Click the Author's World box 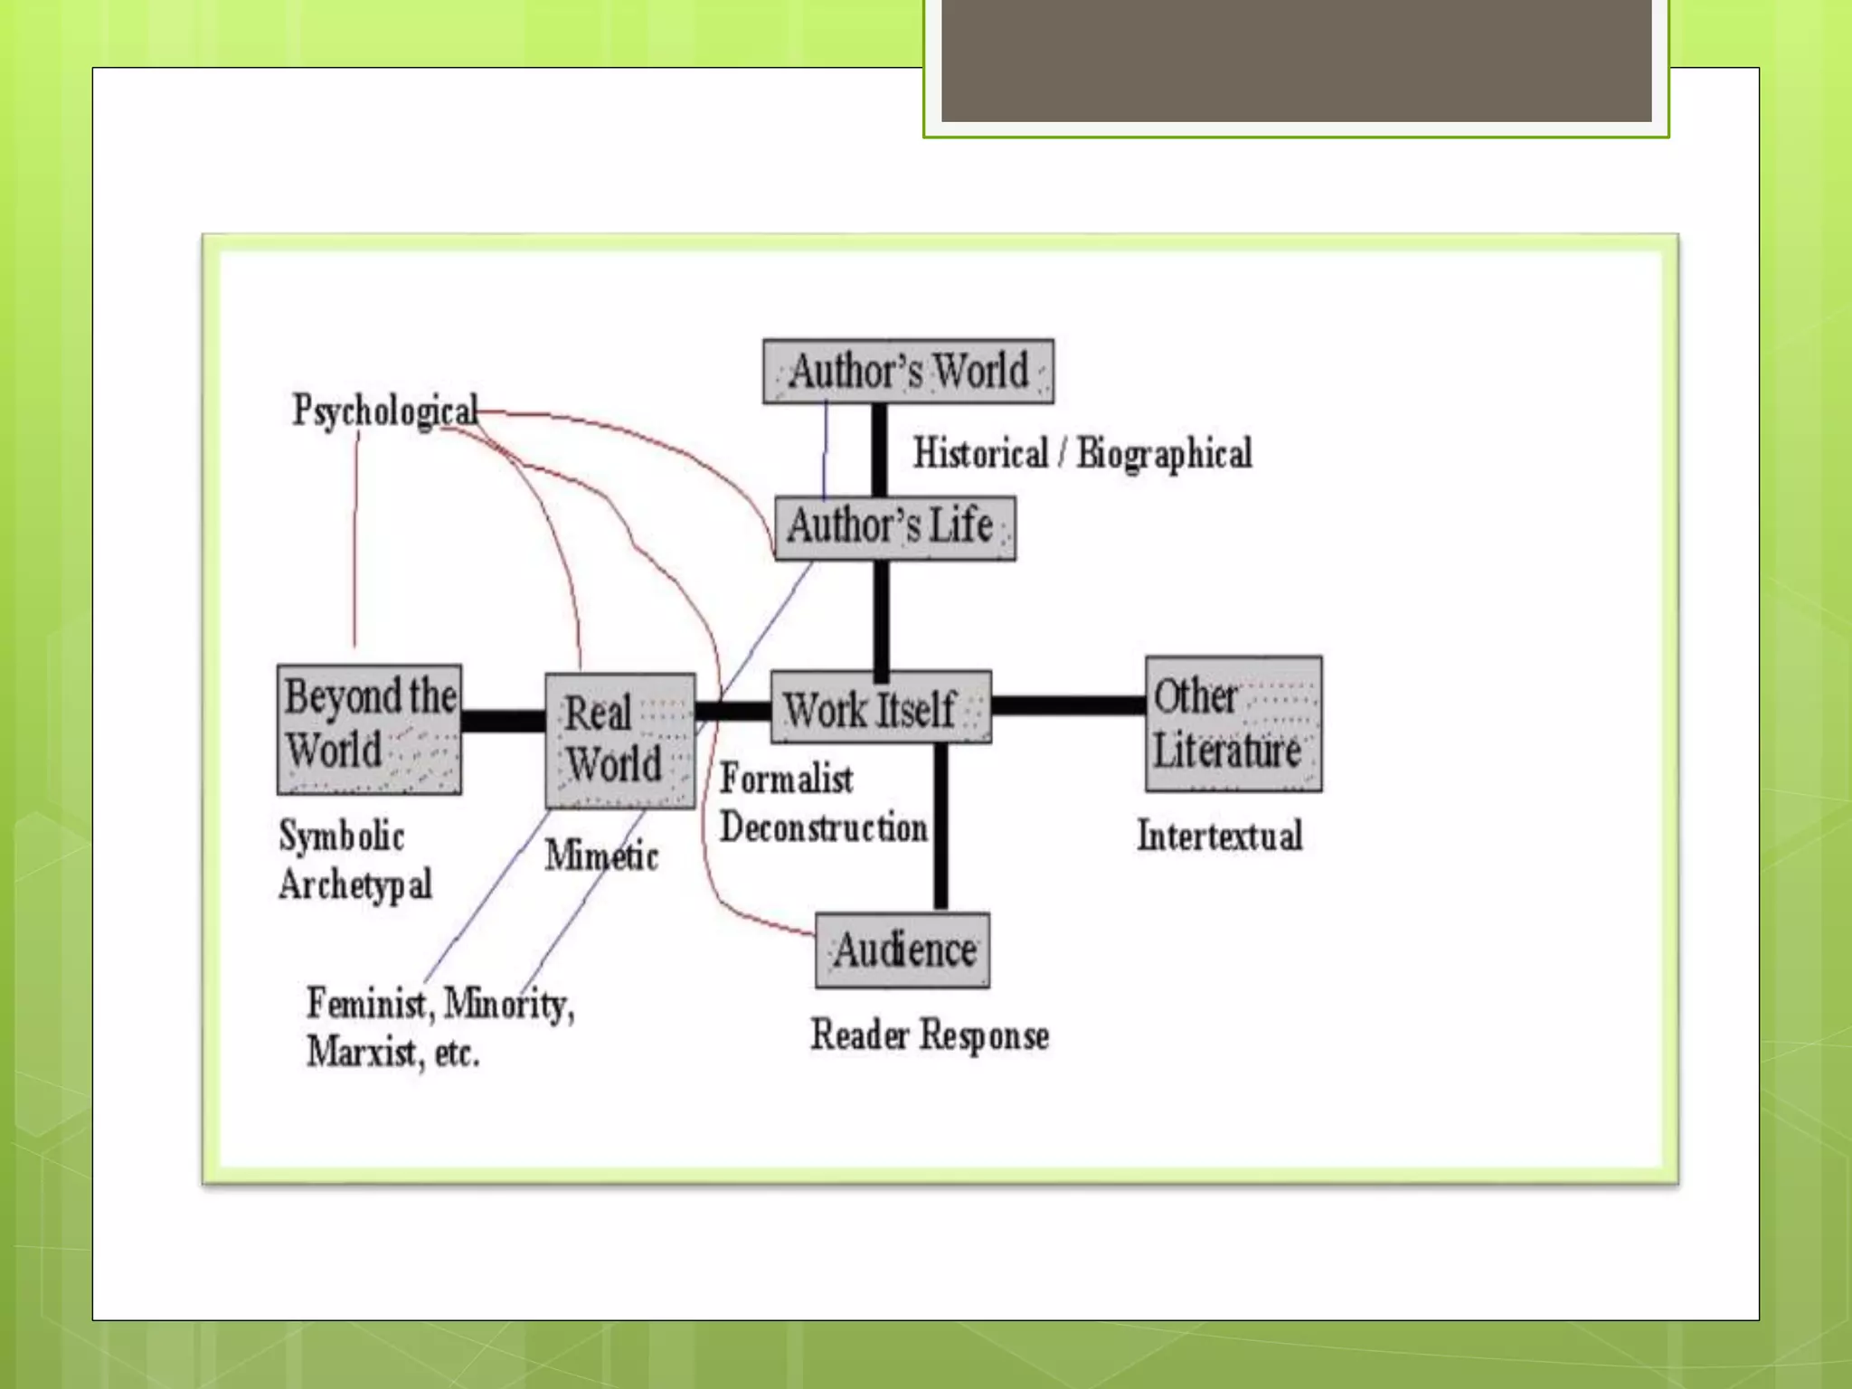[908, 372]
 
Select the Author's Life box [894, 528]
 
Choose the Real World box [619, 741]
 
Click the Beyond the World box [369, 729]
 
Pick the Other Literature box [1233, 724]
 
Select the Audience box [902, 950]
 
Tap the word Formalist [786, 780]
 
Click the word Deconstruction [823, 827]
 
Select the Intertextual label [1219, 836]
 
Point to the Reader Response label [930, 1035]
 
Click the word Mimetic [601, 855]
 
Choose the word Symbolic [342, 836]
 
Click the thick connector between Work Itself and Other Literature [1068, 705]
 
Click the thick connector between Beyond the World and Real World [503, 721]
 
